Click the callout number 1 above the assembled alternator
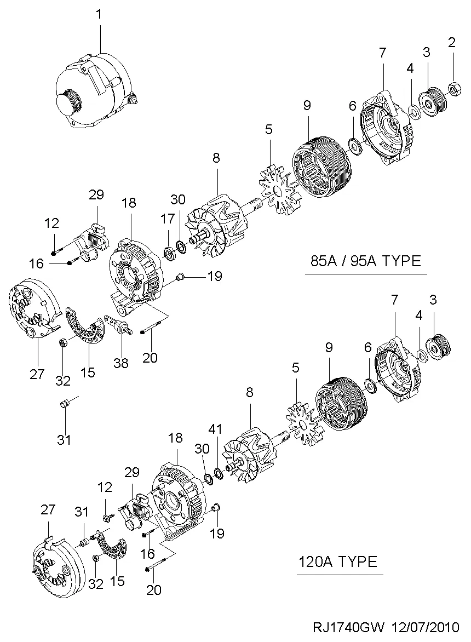[99, 14]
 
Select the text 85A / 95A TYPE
[365, 261]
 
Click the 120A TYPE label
[338, 561]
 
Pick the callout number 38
[121, 362]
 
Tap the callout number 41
[217, 429]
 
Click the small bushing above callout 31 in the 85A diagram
[64, 404]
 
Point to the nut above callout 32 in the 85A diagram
[63, 343]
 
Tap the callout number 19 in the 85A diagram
[215, 276]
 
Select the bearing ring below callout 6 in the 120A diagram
[370, 386]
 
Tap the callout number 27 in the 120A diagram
[48, 509]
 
